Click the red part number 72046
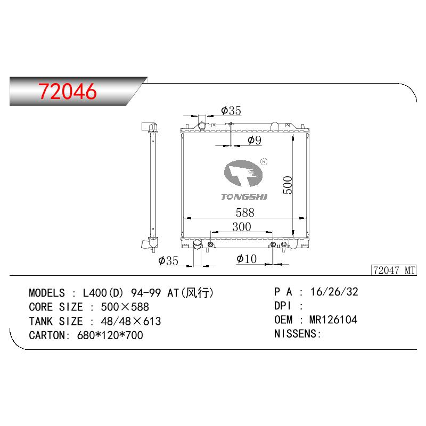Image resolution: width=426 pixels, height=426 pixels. pos(67,91)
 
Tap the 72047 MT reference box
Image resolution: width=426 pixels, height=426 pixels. pos(394,271)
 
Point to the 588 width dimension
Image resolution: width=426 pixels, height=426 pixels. pos(245,212)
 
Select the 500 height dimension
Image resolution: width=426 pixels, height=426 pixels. pos(288,185)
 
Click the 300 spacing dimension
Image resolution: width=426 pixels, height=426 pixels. pos(242,227)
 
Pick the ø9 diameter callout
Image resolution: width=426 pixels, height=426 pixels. pos(255,140)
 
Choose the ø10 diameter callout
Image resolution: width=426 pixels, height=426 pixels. pos(247,259)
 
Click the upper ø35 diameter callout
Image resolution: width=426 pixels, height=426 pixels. pos(231,111)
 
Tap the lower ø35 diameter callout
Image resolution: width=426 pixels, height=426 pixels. pos(168,261)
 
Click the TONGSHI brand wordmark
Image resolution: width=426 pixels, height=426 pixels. pos(244,196)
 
